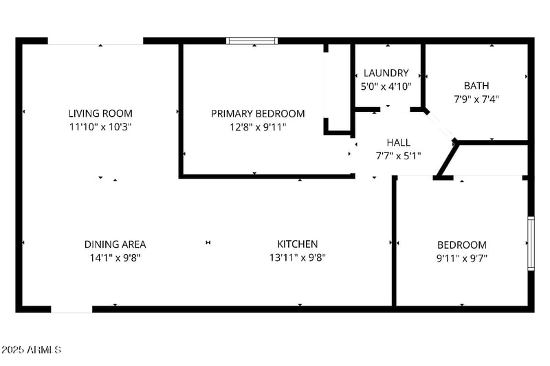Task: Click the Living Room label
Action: click(100, 113)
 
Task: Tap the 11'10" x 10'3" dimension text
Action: click(100, 127)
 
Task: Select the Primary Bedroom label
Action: click(258, 113)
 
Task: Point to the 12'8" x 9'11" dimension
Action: click(258, 127)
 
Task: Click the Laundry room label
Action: click(386, 73)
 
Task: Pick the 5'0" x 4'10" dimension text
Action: click(386, 87)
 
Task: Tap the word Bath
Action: click(476, 86)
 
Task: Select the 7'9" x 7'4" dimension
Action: click(476, 99)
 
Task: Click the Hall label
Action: click(398, 142)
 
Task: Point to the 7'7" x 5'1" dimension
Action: click(398, 155)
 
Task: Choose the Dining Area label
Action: click(115, 244)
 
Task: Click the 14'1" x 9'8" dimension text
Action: click(115, 258)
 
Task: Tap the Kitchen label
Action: click(297, 244)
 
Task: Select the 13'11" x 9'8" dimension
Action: click(297, 258)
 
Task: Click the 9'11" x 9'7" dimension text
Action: click(462, 259)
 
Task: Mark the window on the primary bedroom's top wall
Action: click(252, 41)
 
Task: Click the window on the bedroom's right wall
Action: click(531, 243)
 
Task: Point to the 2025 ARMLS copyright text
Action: click(31, 350)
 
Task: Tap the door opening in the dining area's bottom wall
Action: click(71, 310)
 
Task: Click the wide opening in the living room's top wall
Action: click(96, 41)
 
